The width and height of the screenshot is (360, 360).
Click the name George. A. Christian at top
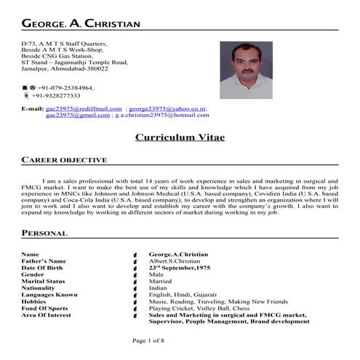pos(81,24)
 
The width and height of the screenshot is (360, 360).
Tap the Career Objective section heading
pos(65,160)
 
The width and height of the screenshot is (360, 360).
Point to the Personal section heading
pos(45,233)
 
